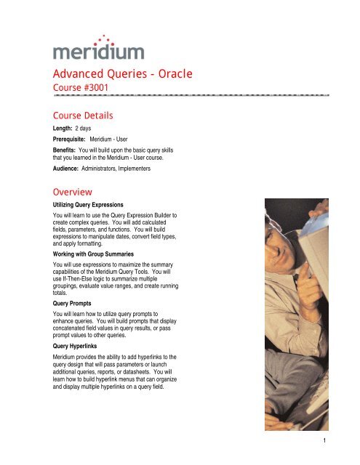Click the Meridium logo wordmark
pos(98,53)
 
